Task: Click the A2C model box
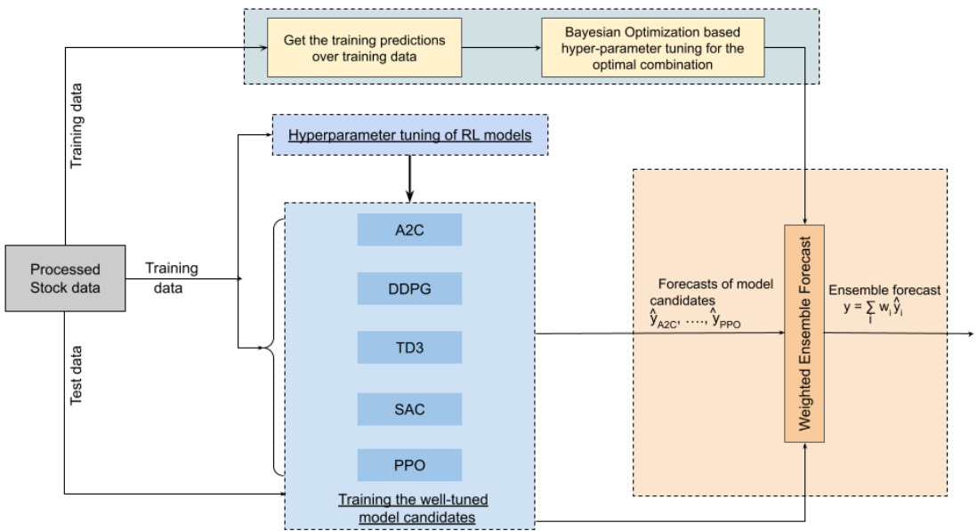(x=409, y=229)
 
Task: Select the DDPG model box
(x=409, y=288)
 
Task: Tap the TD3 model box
(x=409, y=347)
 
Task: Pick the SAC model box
(x=409, y=408)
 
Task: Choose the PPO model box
(x=409, y=465)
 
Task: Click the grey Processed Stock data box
(x=66, y=278)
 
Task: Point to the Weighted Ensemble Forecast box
(x=803, y=334)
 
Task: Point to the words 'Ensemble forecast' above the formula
(x=884, y=290)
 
